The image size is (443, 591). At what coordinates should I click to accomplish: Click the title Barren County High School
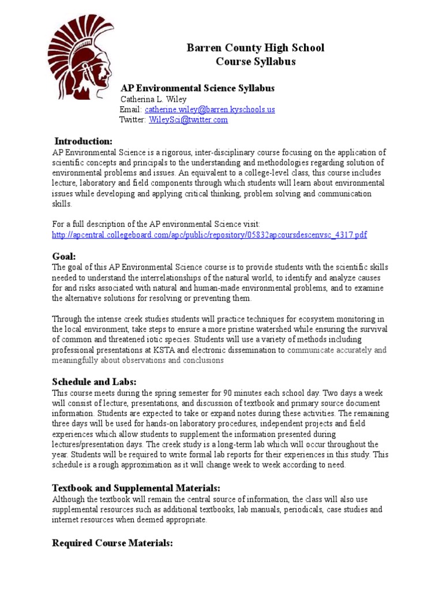click(255, 48)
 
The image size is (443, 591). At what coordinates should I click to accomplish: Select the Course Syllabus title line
click(255, 62)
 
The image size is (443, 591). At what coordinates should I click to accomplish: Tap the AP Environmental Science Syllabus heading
click(197, 88)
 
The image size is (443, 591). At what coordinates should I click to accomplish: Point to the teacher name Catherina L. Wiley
click(153, 99)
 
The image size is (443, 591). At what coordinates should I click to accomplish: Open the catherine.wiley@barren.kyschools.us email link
click(209, 109)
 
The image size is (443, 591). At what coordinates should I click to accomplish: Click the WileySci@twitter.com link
click(188, 119)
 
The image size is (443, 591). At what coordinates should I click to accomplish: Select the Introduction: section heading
click(83, 141)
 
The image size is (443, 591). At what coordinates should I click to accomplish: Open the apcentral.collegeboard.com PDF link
click(209, 234)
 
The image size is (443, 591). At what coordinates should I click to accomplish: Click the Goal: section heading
click(64, 256)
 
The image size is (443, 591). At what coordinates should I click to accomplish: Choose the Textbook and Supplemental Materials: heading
click(136, 488)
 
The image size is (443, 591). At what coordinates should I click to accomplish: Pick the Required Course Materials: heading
click(112, 543)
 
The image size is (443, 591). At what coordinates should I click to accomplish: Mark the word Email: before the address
click(130, 109)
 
